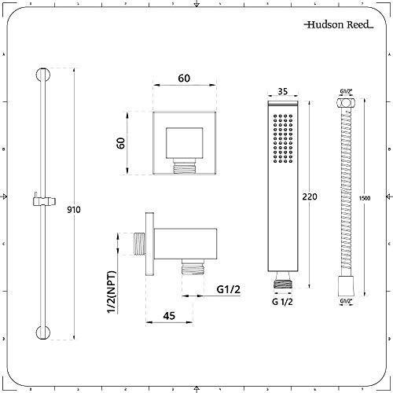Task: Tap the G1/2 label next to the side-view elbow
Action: [x=227, y=289]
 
